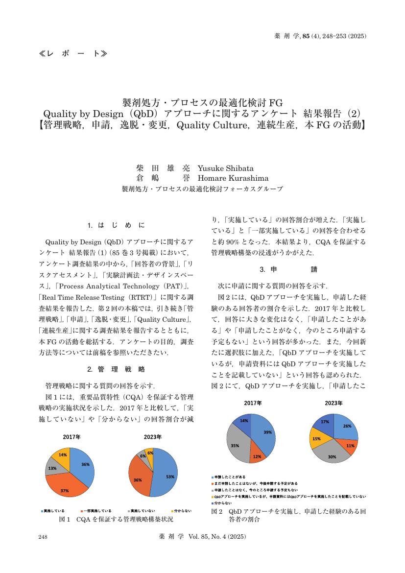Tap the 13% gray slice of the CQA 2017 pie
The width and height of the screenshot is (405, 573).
[52, 468]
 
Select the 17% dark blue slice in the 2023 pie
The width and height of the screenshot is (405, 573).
[325, 423]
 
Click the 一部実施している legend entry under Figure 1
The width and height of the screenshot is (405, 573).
[98, 511]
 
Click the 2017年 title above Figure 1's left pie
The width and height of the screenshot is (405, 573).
[71, 436]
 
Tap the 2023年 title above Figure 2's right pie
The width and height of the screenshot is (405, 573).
[333, 403]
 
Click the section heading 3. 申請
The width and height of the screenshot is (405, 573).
[288, 269]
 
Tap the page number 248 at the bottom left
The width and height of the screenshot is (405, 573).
[43, 537]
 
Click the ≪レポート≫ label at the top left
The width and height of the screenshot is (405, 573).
[72, 53]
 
